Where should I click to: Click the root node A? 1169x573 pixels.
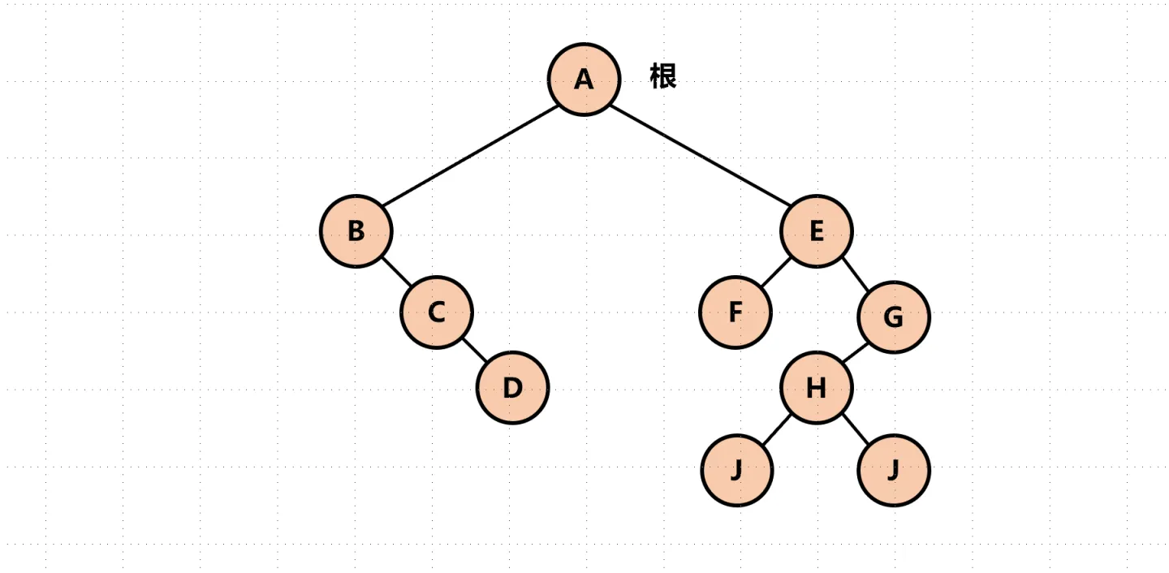(x=584, y=79)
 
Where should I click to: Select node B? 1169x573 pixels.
(x=356, y=231)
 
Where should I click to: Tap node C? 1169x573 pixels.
(x=436, y=312)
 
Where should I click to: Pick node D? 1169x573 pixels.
(x=512, y=388)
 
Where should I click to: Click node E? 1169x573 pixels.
(x=817, y=231)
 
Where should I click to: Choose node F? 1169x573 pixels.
(x=735, y=312)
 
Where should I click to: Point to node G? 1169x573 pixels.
(x=893, y=317)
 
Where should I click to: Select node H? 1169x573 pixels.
(x=817, y=388)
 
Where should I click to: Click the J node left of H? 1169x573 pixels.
(x=736, y=470)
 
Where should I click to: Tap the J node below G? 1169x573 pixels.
(x=893, y=470)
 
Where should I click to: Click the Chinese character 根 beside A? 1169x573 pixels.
(x=663, y=76)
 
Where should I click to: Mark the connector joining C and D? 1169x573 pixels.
(x=474, y=350)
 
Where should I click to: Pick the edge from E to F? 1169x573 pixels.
(x=776, y=272)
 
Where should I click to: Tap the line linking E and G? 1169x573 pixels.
(x=855, y=274)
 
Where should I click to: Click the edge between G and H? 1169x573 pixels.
(x=855, y=353)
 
